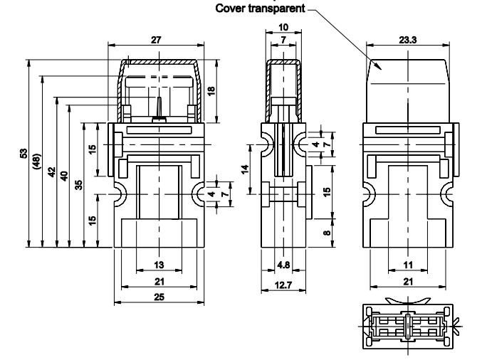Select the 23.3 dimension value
click(408, 41)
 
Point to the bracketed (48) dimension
click(37, 162)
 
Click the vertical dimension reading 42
click(51, 174)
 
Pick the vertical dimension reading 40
click(64, 176)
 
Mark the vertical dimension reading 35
click(78, 184)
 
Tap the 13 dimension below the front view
click(159, 265)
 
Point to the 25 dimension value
click(159, 297)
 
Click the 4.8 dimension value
click(283, 265)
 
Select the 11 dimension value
click(408, 265)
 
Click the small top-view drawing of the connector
click(407, 327)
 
